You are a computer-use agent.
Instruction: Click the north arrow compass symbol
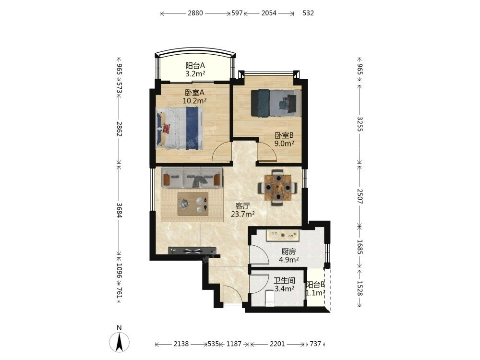click(120, 340)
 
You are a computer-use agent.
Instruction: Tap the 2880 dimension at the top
click(195, 13)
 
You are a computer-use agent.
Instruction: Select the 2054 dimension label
click(269, 13)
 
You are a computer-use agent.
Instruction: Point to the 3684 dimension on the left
click(120, 210)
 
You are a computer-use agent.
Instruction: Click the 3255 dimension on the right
click(360, 124)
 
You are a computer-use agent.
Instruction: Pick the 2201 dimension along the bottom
click(277, 344)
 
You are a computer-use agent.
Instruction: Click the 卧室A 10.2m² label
click(194, 96)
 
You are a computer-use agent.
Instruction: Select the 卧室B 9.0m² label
click(284, 139)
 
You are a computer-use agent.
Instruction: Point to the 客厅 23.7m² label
click(243, 210)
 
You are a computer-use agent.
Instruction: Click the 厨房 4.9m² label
click(288, 256)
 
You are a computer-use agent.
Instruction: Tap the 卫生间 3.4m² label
click(284, 284)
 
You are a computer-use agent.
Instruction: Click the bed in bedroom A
click(180, 128)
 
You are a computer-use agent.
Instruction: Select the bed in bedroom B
click(276, 103)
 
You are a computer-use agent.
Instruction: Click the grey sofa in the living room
click(192, 177)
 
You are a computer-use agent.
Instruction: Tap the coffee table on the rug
click(193, 204)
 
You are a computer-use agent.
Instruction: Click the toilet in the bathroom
click(270, 299)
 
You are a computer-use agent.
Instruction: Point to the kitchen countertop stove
click(282, 235)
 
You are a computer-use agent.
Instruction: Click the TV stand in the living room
click(192, 251)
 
